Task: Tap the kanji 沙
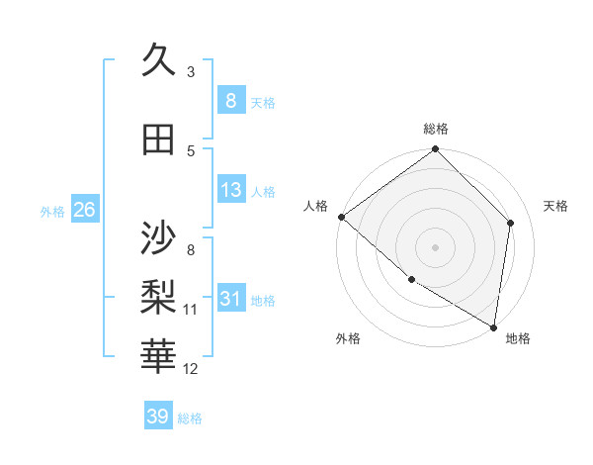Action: [159, 238]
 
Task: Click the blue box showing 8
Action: [230, 101]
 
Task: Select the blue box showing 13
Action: [230, 190]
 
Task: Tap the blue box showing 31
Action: [230, 299]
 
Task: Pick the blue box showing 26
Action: [84, 210]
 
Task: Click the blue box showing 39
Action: [158, 417]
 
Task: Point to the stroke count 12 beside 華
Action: [191, 369]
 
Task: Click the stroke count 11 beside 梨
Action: [191, 310]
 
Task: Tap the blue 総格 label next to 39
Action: [190, 418]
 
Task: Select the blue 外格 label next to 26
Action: [52, 211]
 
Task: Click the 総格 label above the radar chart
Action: [436, 129]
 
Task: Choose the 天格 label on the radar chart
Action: [555, 206]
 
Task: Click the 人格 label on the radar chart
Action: [316, 206]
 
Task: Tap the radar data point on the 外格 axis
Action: [411, 279]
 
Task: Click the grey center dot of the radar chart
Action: [436, 246]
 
